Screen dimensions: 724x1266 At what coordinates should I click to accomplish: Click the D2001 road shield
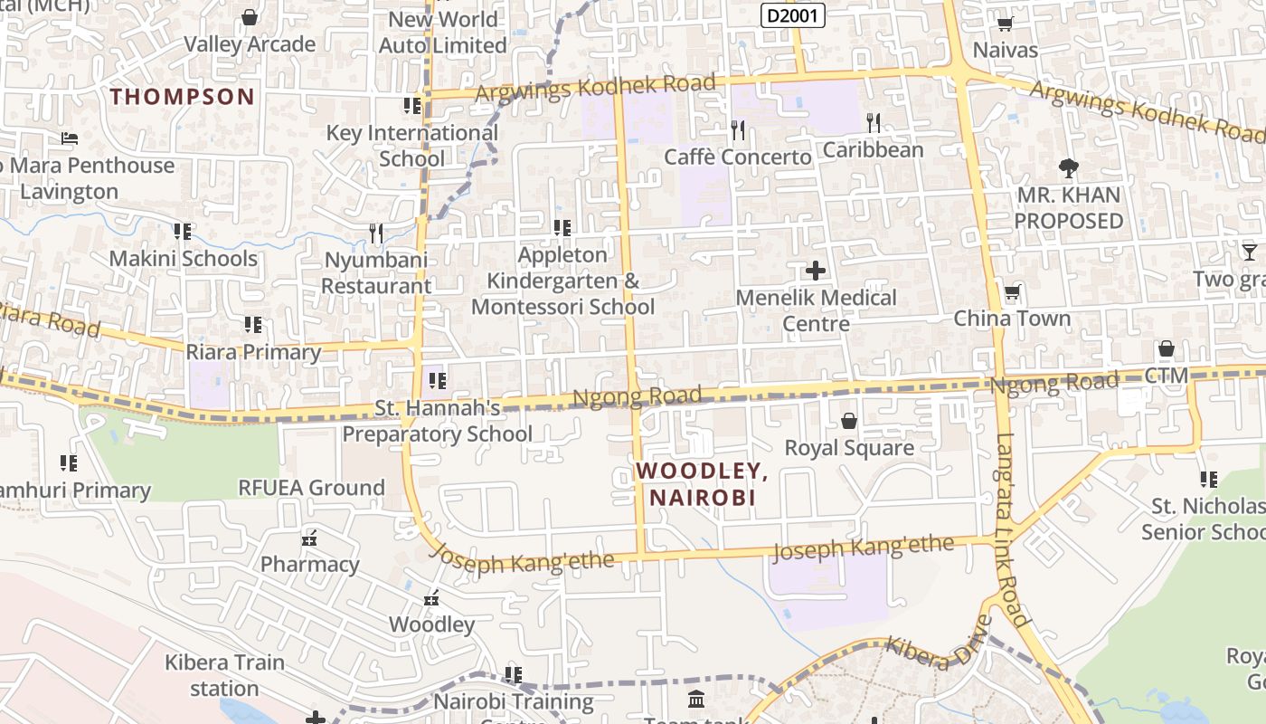click(793, 15)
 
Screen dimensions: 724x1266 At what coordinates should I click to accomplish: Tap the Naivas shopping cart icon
click(1005, 24)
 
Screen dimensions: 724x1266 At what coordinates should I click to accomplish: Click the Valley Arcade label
click(250, 44)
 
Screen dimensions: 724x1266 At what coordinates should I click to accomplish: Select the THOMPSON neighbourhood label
click(182, 97)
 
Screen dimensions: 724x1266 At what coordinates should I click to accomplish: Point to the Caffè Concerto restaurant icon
click(738, 130)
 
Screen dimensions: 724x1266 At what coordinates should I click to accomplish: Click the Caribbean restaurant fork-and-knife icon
click(873, 123)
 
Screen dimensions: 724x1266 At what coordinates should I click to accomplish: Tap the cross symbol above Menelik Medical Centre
click(816, 271)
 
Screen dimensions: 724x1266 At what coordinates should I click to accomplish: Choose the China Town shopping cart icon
click(1012, 292)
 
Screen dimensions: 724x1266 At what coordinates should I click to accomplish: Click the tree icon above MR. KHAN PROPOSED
click(1068, 168)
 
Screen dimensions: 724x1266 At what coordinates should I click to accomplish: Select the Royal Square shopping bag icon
click(848, 421)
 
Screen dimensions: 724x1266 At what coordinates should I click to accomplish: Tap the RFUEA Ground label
click(311, 488)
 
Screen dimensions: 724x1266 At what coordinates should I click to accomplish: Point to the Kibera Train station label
click(224, 675)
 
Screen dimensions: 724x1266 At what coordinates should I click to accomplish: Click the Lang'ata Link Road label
click(1013, 530)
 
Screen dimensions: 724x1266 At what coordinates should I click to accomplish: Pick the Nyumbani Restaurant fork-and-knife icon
click(376, 233)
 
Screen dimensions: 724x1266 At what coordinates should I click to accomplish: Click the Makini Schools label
click(184, 259)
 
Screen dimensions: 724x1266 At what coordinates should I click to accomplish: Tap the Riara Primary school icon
click(253, 324)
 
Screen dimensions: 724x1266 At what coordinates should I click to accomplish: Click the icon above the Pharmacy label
click(309, 538)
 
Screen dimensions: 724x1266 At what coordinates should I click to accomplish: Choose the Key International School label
click(411, 146)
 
